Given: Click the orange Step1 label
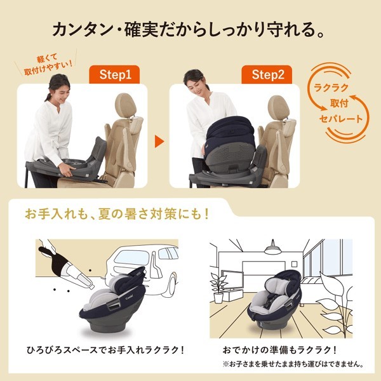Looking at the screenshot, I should point(115,74).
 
